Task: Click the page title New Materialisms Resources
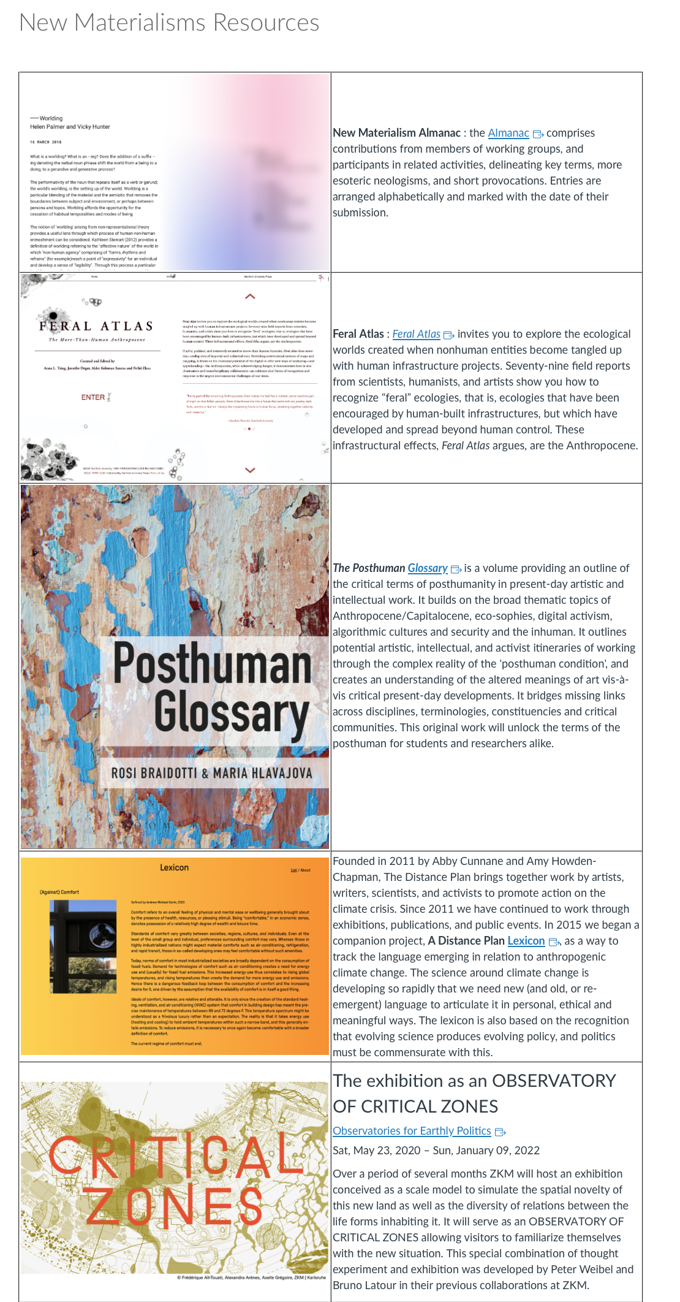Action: point(169,23)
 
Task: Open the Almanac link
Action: point(508,133)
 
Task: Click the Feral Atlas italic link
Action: point(416,334)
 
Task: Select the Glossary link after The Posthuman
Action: point(428,568)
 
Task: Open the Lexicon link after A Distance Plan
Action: point(526,941)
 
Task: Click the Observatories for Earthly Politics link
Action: point(412,1131)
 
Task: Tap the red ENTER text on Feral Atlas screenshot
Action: point(93,397)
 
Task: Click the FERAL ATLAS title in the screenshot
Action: point(96,326)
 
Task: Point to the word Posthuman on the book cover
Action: point(213,664)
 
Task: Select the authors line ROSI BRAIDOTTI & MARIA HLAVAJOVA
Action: point(211,773)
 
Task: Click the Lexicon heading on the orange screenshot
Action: point(174,868)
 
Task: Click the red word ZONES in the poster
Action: point(172,1208)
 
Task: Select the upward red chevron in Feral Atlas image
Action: point(250,297)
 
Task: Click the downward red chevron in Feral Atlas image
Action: point(250,470)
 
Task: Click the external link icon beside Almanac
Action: point(538,134)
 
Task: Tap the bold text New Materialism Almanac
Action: point(396,133)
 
